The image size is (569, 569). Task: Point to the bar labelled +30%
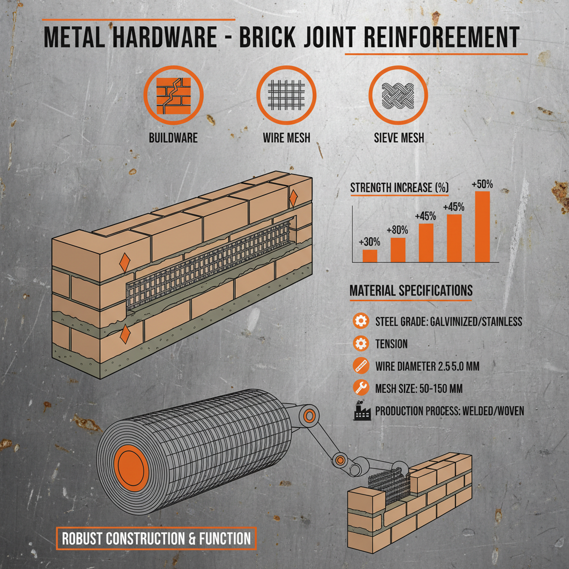[370, 256]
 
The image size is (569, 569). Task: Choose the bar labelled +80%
[398, 249]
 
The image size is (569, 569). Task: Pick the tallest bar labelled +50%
[482, 227]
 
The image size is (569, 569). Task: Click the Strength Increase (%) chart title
[399, 188]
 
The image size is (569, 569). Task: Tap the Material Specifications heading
[411, 291]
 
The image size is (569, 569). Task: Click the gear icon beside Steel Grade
[361, 321]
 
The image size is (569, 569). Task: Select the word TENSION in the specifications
[391, 344]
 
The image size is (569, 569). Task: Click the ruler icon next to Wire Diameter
[361, 366]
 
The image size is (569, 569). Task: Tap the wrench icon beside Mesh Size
[361, 388]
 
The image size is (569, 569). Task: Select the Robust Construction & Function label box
[156, 538]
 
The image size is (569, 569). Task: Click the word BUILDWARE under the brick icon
[173, 137]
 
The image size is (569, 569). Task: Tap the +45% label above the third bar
[425, 216]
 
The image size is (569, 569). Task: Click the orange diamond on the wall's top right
[293, 197]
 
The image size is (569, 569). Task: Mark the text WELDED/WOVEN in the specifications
[494, 411]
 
